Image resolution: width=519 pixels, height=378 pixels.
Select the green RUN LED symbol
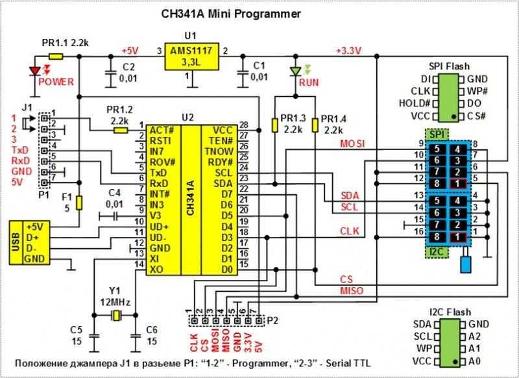pos(297,70)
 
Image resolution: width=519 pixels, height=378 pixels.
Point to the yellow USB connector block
pos(24,242)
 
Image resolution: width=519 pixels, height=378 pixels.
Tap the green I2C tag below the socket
pos(436,251)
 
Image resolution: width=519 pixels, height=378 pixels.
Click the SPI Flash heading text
pos(450,66)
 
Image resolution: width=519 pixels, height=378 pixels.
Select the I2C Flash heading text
pos(450,312)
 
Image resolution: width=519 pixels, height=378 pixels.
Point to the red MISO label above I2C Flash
pos(351,290)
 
